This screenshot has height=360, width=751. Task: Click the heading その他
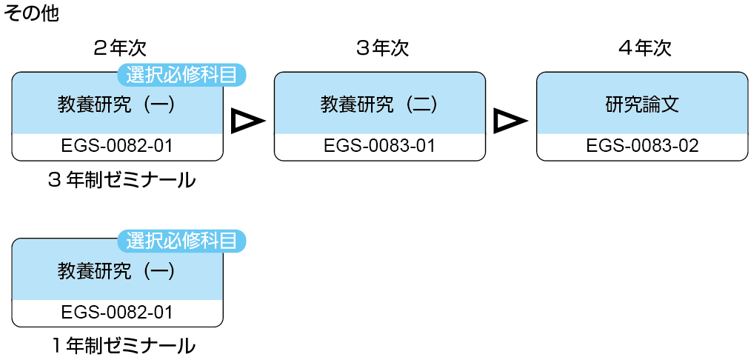pos(31,13)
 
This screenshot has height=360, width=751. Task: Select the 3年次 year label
pos(381,49)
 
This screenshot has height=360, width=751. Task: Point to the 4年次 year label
pos(644,49)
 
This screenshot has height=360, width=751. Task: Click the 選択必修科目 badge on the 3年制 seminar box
pos(181,74)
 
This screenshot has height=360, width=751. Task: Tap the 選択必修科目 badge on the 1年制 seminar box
pos(181,241)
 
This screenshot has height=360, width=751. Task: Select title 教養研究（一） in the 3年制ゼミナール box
pos(117,104)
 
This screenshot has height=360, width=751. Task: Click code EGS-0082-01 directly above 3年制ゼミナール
pos(117,146)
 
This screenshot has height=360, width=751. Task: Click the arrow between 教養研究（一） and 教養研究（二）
pos(247,121)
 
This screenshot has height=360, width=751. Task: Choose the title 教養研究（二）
pos(380,104)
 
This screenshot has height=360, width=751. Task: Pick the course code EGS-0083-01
pos(380,146)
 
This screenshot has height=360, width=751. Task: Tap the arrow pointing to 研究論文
pos(510,121)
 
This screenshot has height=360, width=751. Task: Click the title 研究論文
pos(642,104)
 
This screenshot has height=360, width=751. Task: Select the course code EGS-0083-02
pos(642,146)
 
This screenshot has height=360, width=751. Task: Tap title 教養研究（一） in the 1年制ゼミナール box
pos(117,271)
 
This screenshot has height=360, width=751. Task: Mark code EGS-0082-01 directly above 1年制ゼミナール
pos(117,313)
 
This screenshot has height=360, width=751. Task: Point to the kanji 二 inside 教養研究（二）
pos(419,104)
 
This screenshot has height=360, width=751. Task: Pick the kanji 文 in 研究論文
pos(670,104)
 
